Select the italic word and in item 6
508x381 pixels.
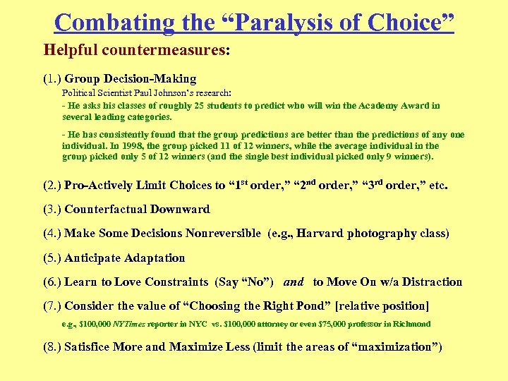tap(294, 282)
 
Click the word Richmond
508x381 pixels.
tap(409, 325)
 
